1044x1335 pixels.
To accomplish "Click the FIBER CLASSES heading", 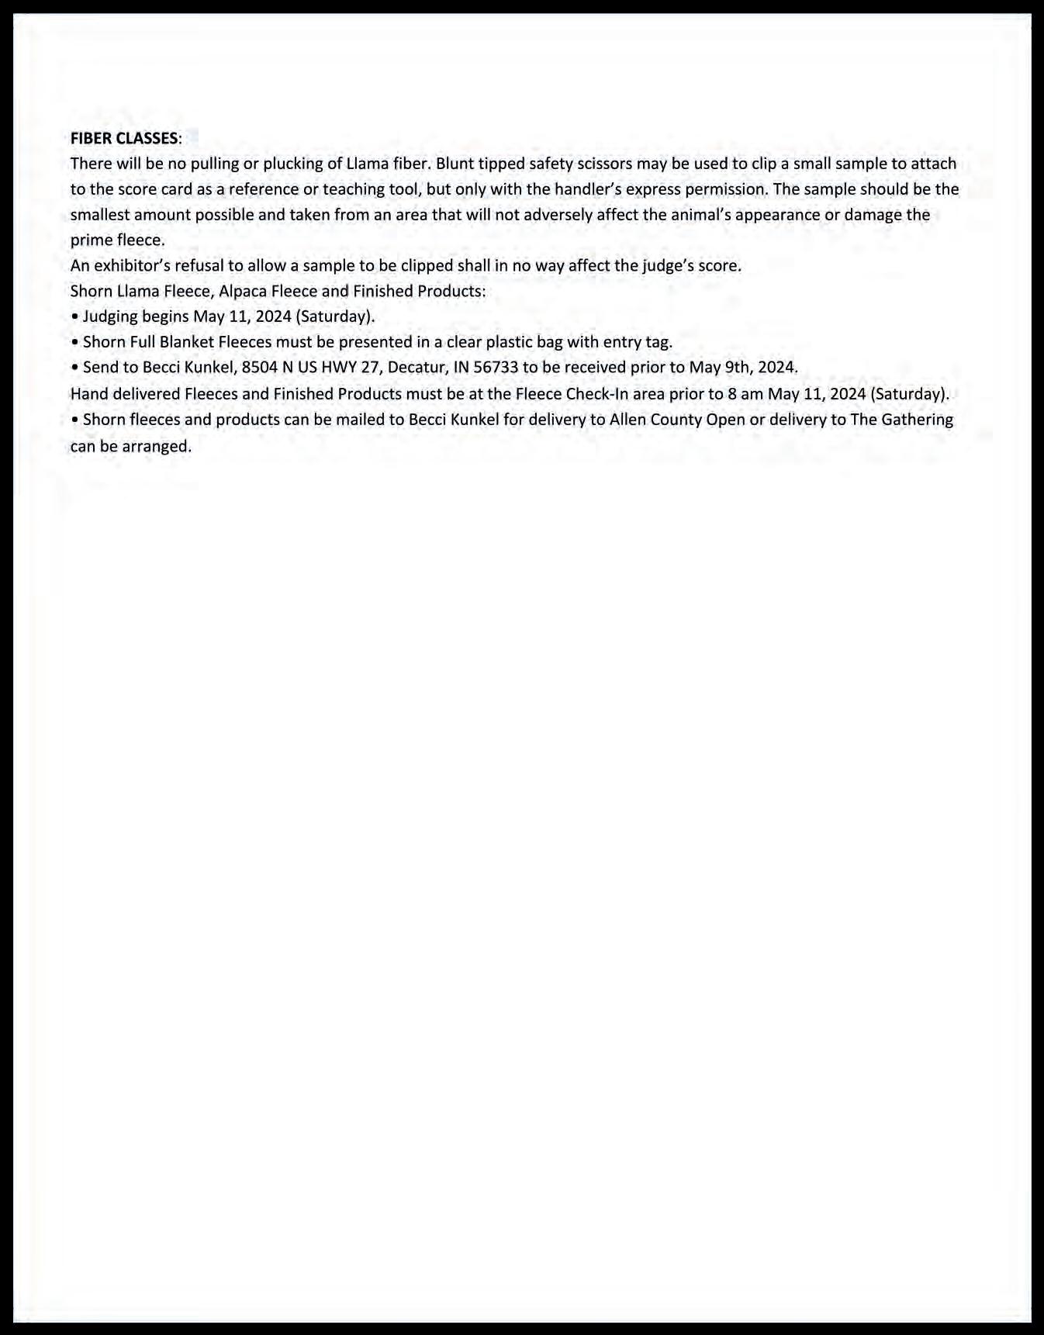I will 124,139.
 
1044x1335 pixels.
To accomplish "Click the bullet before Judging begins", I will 74,316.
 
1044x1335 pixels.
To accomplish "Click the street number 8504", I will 259,368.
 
